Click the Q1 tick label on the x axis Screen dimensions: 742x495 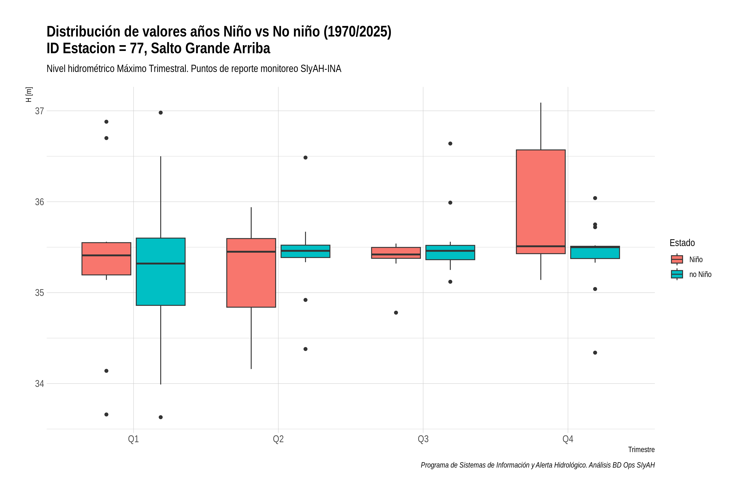(x=133, y=439)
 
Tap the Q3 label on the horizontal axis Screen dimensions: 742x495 (x=423, y=439)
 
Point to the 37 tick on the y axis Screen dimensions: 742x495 (x=39, y=111)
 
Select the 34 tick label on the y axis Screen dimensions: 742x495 (x=39, y=384)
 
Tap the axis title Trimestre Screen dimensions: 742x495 (x=641, y=450)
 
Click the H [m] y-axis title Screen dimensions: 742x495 (x=29, y=95)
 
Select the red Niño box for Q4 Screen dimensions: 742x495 (x=541, y=202)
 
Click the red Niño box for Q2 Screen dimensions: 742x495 (x=251, y=273)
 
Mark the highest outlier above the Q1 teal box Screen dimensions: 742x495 (x=161, y=113)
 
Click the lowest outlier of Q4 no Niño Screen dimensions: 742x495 (x=595, y=353)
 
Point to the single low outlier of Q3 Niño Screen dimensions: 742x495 (x=396, y=312)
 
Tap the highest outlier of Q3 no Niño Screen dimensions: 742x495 (x=450, y=144)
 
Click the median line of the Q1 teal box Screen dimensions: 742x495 (x=161, y=263)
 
